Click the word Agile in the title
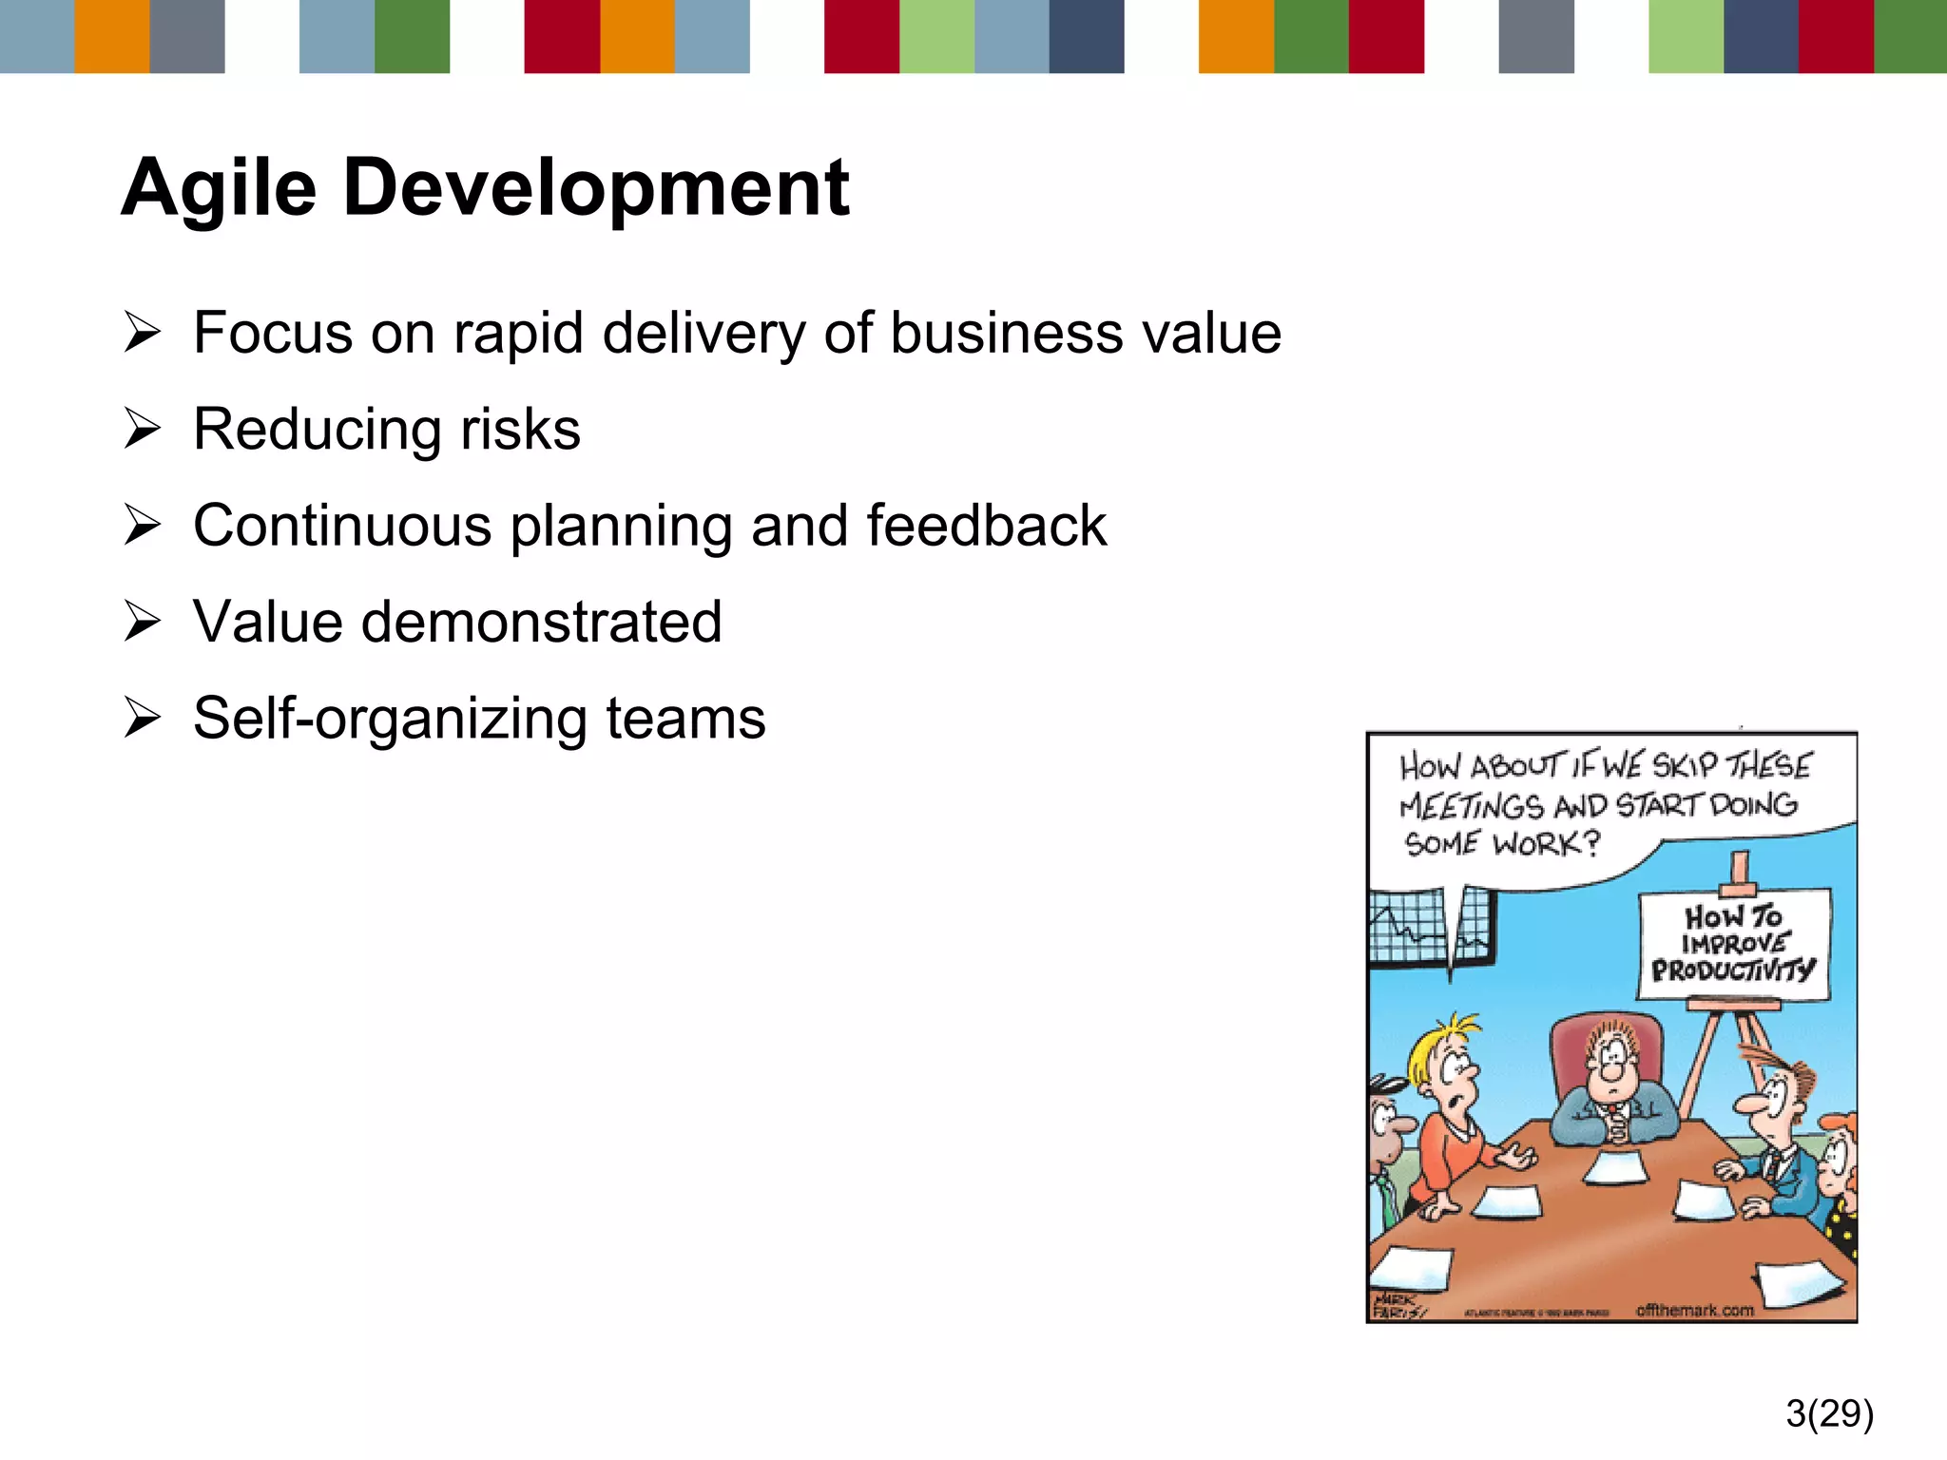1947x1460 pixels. [x=219, y=188]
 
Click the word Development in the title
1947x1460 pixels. [x=595, y=188]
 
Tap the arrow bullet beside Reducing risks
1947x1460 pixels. [x=143, y=429]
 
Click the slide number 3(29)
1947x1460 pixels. [x=1829, y=1413]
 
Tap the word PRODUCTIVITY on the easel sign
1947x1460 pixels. [x=1732, y=970]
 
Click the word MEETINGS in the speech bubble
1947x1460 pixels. [x=1471, y=807]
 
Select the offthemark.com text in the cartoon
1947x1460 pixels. [x=1694, y=1310]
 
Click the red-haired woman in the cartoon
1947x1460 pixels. [x=1837, y=1169]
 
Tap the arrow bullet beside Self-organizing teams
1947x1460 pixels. [x=143, y=718]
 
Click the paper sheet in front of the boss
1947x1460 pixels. [x=1616, y=1167]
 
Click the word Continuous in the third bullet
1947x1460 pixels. [x=342, y=526]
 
